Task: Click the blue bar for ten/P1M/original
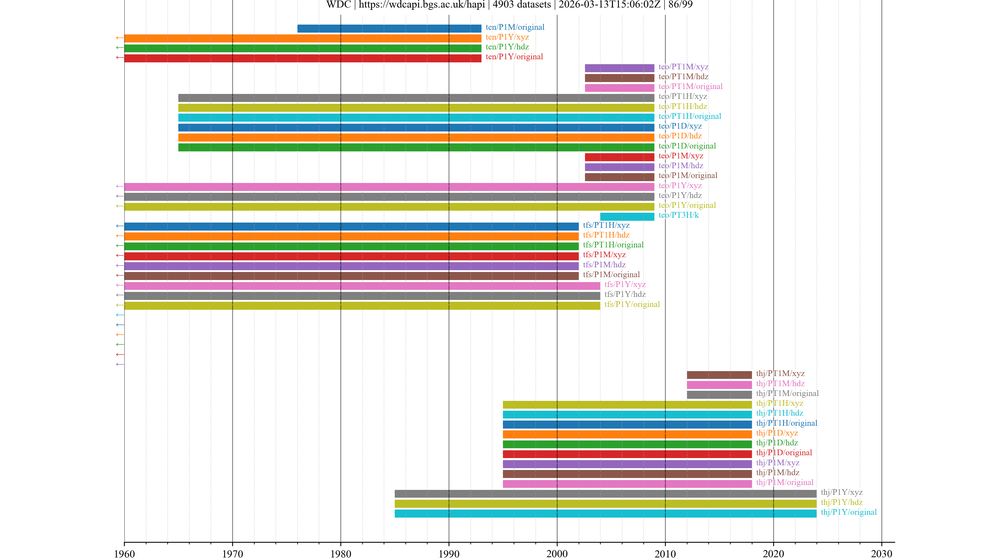389,28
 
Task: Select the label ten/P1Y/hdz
507,47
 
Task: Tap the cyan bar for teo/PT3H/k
627,216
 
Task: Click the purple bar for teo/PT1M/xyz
619,68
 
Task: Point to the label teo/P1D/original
687,146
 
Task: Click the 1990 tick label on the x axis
449,554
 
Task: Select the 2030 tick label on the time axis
881,554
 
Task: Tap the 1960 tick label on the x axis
124,554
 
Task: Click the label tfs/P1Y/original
632,304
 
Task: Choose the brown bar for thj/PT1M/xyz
719,374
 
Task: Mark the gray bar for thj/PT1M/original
719,394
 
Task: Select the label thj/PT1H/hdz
779,413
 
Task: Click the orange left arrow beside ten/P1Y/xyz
120,38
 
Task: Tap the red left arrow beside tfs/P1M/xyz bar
120,255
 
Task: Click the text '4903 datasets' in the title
522,5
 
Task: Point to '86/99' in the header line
680,5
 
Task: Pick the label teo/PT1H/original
690,116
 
